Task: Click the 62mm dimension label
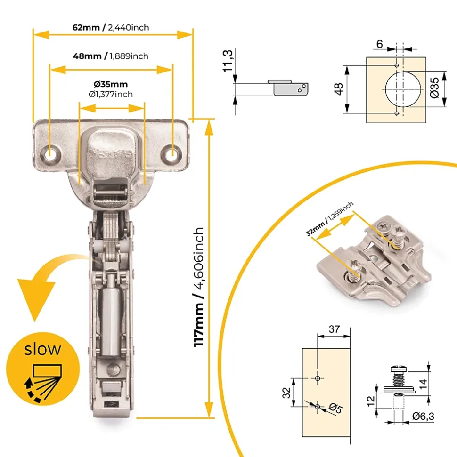pyautogui.click(x=86, y=27)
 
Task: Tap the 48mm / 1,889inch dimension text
pyautogui.click(x=111, y=56)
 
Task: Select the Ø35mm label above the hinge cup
pyautogui.click(x=111, y=84)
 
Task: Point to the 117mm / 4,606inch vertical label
pyautogui.click(x=199, y=287)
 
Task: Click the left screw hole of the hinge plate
pyautogui.click(x=50, y=152)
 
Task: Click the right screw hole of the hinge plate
pyautogui.click(x=173, y=152)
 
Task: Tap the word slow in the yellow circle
pyautogui.click(x=42, y=349)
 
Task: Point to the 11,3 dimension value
pyautogui.click(x=228, y=61)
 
